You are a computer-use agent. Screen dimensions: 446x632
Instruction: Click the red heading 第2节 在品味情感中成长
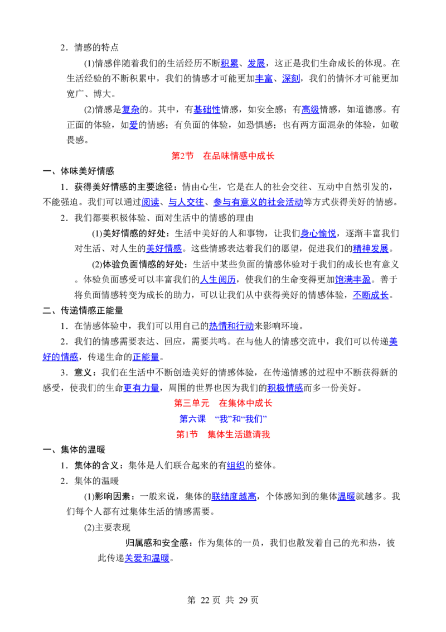point(222,156)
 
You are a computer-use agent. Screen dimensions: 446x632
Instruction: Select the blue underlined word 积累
point(230,63)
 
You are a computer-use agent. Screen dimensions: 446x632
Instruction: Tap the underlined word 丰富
point(264,79)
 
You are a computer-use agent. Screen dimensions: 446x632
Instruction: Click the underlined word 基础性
point(207,109)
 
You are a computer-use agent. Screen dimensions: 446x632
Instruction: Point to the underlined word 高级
point(311,109)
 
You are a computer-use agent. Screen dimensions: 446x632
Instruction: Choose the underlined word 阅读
point(151,202)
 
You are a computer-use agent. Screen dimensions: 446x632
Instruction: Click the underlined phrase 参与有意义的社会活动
point(258,202)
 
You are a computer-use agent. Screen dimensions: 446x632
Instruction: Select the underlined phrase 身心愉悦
point(318,233)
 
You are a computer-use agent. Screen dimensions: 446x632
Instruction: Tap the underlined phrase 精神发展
point(371,248)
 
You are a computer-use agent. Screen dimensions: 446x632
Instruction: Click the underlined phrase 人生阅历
point(218,279)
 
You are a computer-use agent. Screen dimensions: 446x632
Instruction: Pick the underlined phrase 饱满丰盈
point(352,279)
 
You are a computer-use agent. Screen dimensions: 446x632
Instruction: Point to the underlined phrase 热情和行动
point(231,325)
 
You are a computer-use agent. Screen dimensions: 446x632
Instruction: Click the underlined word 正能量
point(146,357)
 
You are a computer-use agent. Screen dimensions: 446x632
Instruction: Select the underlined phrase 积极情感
point(285,388)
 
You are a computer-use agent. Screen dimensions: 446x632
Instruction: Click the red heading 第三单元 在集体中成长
point(223,403)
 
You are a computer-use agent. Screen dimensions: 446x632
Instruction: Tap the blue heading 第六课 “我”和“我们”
point(223,419)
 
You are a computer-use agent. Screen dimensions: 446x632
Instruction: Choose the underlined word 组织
point(236,466)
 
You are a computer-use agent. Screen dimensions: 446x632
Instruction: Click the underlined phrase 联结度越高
point(234,496)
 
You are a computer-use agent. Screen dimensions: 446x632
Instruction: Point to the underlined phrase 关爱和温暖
point(147,558)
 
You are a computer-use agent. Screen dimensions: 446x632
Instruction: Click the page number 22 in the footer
point(205,600)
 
